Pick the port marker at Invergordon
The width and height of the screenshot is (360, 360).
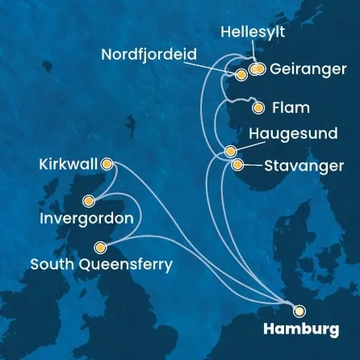[90, 201]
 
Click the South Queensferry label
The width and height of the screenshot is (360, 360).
[100, 264]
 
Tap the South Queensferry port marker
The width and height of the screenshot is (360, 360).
[99, 248]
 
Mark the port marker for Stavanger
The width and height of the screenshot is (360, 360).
[237, 165]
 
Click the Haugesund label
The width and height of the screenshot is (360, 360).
[290, 132]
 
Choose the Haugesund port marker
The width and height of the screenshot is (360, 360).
[231, 151]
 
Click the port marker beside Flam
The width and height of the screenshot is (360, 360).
[257, 107]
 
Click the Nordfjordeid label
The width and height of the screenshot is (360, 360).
[150, 56]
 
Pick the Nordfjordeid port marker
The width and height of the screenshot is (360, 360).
[241, 75]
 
